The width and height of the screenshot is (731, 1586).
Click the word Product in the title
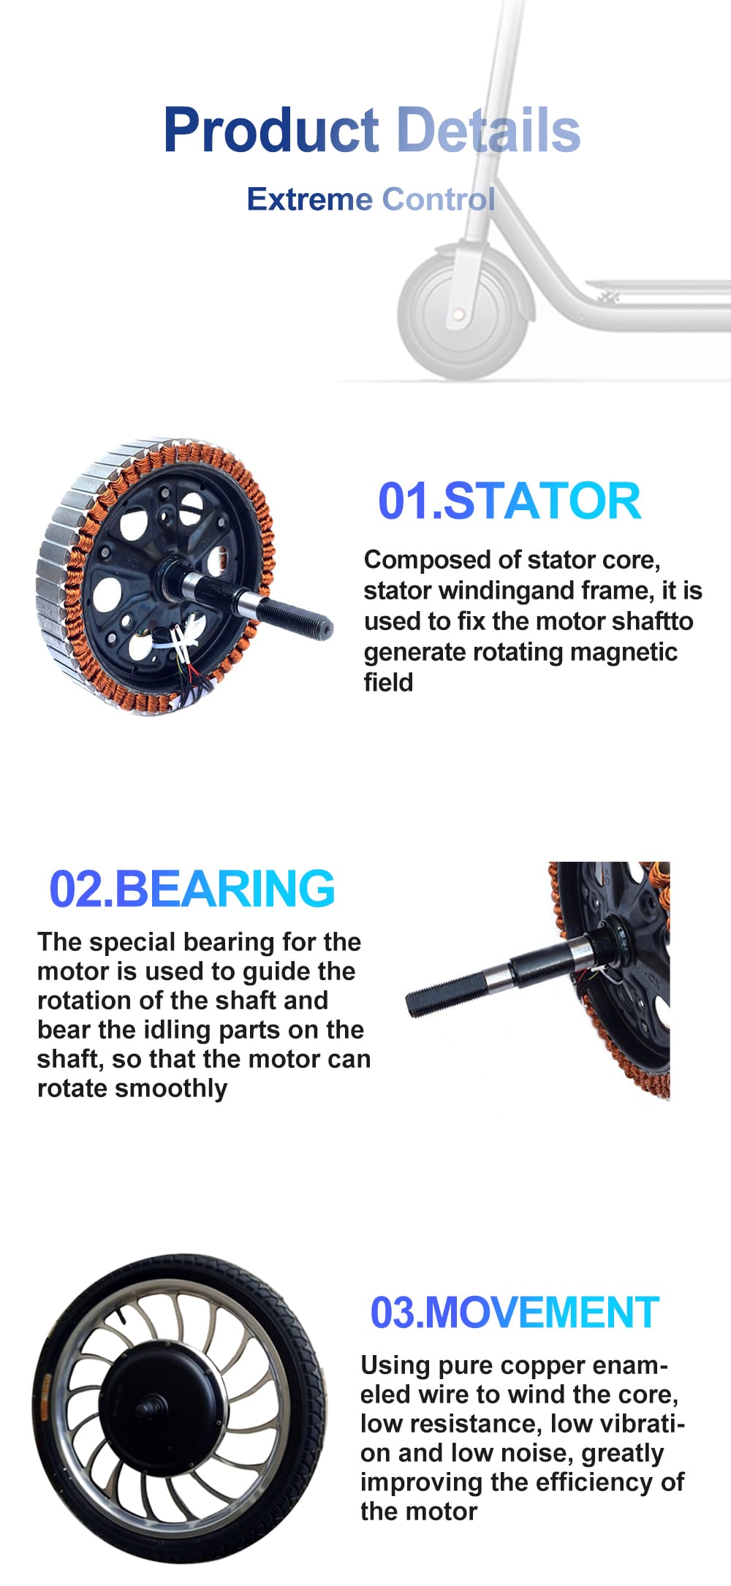[270, 129]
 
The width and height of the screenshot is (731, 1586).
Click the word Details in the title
[488, 129]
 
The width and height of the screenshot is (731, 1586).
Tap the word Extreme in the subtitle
[310, 199]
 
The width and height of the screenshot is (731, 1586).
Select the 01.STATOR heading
[510, 501]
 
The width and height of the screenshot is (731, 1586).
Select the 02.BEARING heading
[192, 889]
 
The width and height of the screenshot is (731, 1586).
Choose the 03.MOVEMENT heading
[515, 1312]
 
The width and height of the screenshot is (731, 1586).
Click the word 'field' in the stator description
[388, 683]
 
